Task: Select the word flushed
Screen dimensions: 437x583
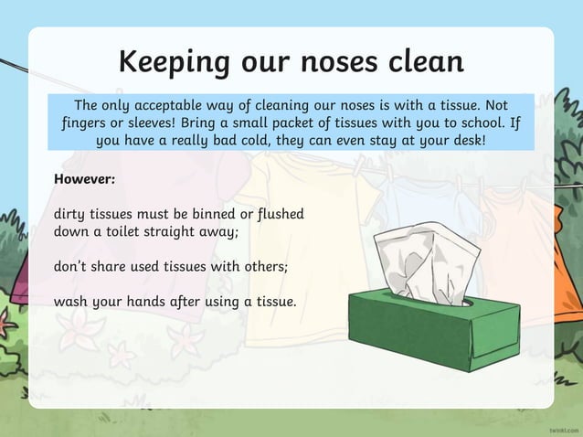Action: [279, 214]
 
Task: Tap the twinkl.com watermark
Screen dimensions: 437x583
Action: [559, 427]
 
